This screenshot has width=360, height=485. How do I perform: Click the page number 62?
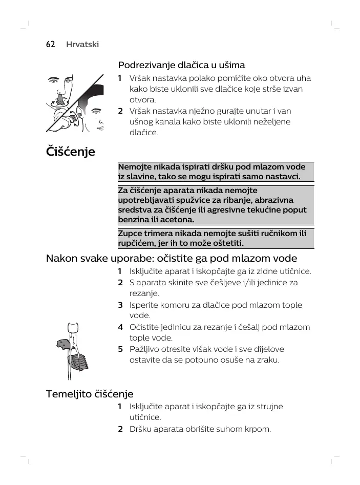click(x=50, y=45)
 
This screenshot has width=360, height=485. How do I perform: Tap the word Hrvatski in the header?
click(x=82, y=45)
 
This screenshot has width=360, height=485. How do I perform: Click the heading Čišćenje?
click(x=71, y=152)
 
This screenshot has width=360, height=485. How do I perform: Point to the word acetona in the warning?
click(x=178, y=220)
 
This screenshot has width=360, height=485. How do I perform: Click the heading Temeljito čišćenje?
click(x=90, y=394)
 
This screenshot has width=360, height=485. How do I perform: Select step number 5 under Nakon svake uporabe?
click(x=120, y=349)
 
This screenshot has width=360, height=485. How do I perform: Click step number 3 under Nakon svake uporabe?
click(x=120, y=305)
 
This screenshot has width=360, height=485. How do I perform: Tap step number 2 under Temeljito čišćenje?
click(x=120, y=429)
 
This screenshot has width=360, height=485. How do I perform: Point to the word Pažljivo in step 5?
click(x=146, y=349)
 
